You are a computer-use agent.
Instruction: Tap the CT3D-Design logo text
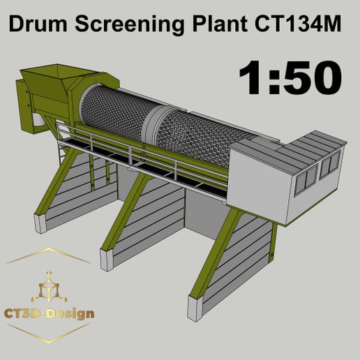click(x=50, y=313)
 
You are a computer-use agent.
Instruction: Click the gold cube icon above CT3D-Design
click(x=49, y=287)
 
